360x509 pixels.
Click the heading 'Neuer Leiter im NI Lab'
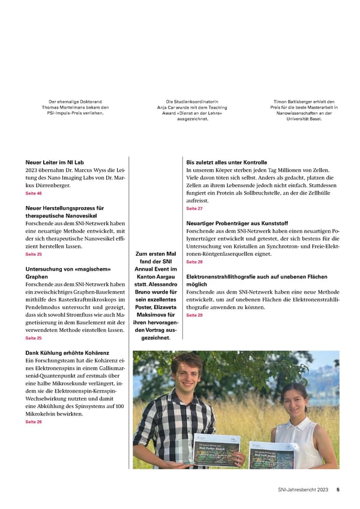click(59, 162)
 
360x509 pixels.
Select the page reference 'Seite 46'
click(34, 194)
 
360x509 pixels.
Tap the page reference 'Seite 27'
click(194, 208)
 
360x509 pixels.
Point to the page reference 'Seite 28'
click(194, 262)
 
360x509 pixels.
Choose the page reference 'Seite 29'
click(194, 315)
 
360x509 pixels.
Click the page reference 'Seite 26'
click(34, 422)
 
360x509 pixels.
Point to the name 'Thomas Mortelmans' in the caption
click(64, 107)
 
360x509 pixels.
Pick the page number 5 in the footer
click(338, 490)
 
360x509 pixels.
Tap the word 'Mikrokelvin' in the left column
click(42, 414)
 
